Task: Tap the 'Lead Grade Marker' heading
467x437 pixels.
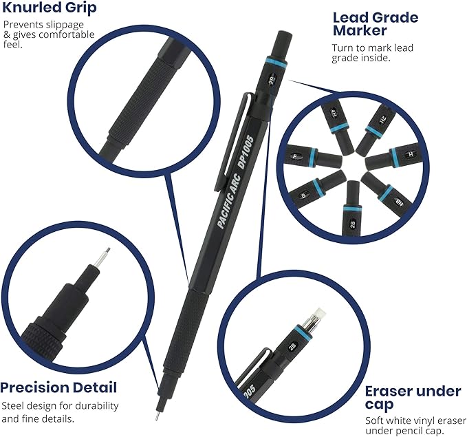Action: pyautogui.click(x=376, y=24)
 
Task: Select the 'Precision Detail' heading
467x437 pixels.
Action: pyautogui.click(x=58, y=387)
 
